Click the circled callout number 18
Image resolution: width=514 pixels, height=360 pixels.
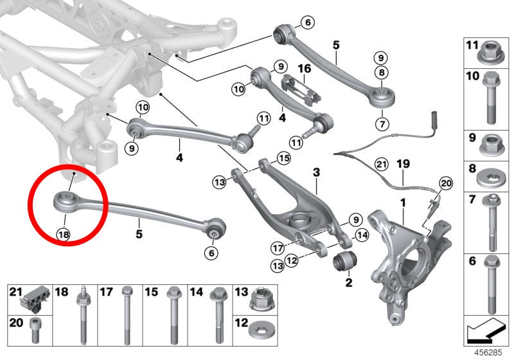[63, 234]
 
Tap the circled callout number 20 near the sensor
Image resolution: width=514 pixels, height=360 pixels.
[445, 183]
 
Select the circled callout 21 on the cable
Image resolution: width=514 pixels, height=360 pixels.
[381, 165]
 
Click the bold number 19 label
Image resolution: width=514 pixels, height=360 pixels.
[403, 164]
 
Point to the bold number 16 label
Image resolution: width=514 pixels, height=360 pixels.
[304, 69]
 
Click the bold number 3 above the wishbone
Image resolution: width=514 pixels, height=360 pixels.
[316, 172]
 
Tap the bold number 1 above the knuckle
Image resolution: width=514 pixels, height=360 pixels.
[403, 203]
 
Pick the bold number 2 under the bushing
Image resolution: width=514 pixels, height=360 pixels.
[349, 282]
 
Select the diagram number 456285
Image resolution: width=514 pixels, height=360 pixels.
[488, 353]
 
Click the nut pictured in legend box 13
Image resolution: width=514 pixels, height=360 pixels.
[261, 299]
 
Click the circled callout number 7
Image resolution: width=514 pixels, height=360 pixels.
[382, 124]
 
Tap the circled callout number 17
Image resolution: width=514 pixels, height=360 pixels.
[278, 248]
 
